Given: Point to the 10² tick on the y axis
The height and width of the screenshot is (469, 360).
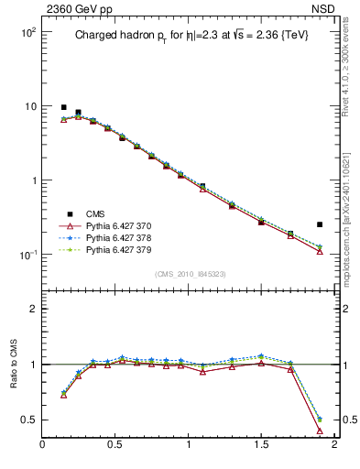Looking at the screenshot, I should [26, 32].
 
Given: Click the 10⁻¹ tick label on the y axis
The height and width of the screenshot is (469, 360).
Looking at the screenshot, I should [26, 255].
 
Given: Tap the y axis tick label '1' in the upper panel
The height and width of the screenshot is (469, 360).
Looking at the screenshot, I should [31, 180].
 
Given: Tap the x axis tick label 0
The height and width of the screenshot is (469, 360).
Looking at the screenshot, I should [42, 444].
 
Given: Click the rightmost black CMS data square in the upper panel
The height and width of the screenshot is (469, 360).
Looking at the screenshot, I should [320, 224].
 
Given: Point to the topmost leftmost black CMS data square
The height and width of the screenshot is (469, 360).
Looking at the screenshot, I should [63, 107].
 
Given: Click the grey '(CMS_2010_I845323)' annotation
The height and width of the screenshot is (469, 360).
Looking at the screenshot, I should [189, 273].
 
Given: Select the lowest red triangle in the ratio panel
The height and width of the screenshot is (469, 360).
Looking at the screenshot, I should [320, 430].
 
